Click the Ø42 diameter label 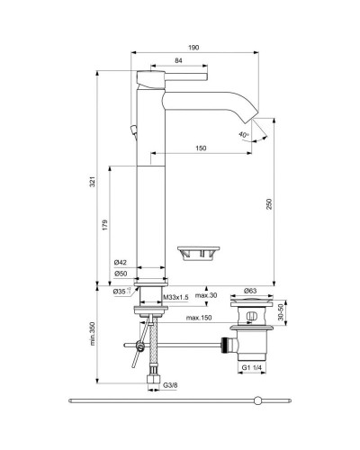pos(120,262)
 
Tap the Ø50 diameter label pos(120,273)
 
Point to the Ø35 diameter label pos(120,292)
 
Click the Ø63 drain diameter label pos(253,292)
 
